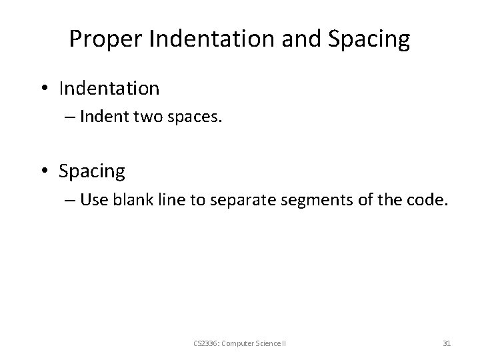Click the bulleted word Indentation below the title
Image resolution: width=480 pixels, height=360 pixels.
click(x=109, y=88)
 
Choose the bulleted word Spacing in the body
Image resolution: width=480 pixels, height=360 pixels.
click(x=91, y=171)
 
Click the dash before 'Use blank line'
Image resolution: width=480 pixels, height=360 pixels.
click(x=70, y=201)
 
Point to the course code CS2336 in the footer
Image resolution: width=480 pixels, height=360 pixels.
click(x=203, y=343)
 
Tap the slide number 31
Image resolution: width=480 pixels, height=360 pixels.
click(x=447, y=343)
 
